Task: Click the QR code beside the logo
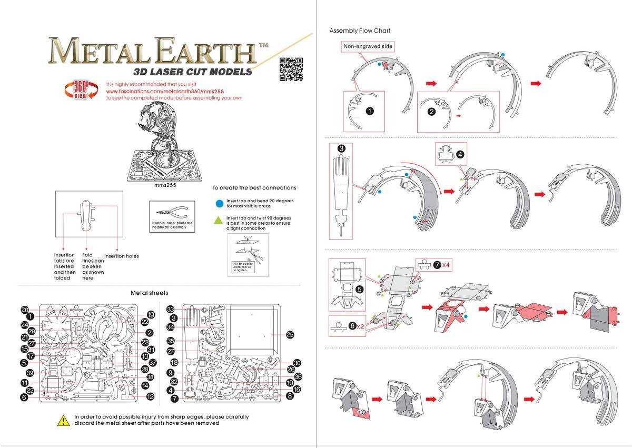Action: [291, 69]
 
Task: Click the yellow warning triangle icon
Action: [63, 420]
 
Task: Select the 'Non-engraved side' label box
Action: [368, 46]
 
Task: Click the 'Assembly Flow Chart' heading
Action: [360, 31]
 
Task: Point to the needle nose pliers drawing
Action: [172, 212]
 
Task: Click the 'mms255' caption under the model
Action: [164, 185]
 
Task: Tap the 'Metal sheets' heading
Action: [150, 293]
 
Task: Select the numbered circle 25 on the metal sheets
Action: [290, 334]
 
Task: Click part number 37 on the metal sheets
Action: [152, 363]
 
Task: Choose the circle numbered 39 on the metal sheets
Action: [30, 373]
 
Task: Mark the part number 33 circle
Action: [171, 309]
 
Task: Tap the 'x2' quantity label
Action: [360, 326]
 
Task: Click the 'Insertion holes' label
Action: [121, 256]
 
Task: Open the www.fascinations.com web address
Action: [156, 91]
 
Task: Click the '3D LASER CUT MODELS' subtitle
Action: [193, 72]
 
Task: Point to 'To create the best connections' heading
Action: [254, 187]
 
